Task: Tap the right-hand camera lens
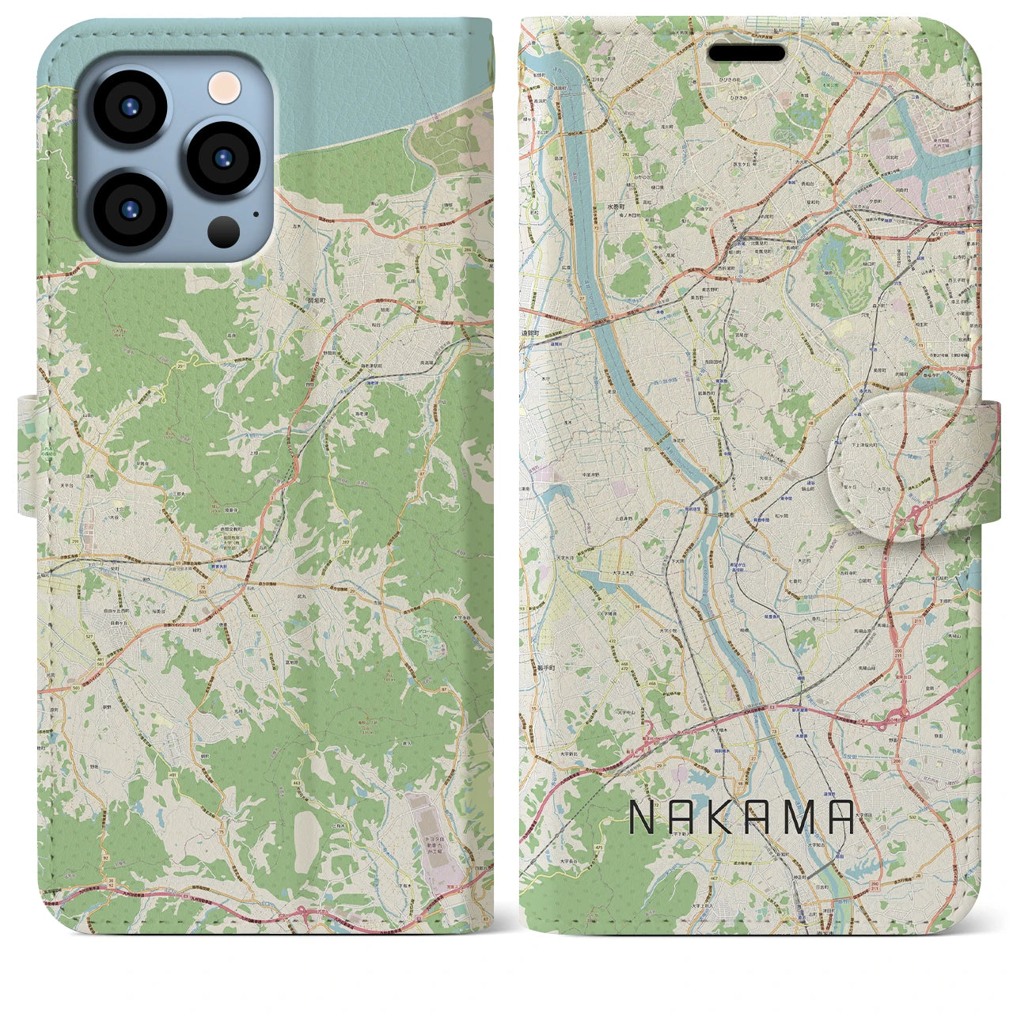point(224,158)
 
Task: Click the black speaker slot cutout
point(746,53)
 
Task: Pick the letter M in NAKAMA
point(796,818)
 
